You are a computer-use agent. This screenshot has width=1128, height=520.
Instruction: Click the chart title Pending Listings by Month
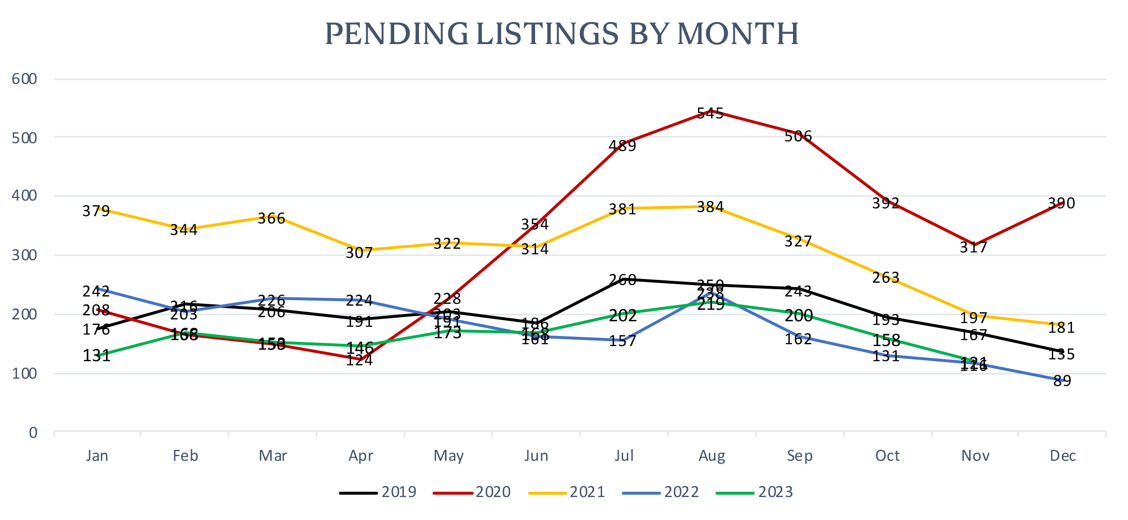(x=562, y=34)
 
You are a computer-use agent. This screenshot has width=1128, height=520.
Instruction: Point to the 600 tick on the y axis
(x=24, y=79)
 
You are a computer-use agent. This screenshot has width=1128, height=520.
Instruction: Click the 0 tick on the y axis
(x=33, y=433)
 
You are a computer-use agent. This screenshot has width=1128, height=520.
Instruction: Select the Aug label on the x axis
(x=712, y=456)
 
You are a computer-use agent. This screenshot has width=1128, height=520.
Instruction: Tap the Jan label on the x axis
(x=97, y=456)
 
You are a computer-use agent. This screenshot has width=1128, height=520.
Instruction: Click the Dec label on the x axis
(x=1063, y=456)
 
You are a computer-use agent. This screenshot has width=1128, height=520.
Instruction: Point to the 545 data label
(x=710, y=113)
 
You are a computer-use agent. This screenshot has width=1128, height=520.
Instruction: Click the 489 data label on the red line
(x=622, y=146)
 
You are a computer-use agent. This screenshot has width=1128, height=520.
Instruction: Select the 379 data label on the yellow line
(x=96, y=211)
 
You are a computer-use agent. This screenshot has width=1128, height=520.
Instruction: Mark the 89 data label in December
(x=1062, y=381)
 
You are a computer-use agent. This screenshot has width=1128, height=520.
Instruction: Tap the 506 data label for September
(x=798, y=136)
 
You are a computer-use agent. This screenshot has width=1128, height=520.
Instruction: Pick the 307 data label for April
(x=359, y=253)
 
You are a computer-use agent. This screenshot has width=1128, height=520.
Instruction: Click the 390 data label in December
(x=1061, y=203)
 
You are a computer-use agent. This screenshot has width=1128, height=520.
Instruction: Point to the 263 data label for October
(x=886, y=278)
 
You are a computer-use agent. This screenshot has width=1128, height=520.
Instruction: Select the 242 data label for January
(x=96, y=291)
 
